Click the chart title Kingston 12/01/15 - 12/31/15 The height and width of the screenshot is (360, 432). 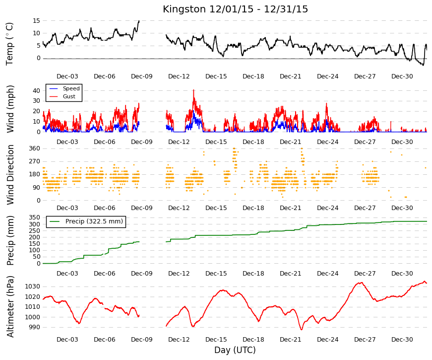[x=235, y=9]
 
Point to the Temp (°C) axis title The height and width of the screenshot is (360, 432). [x=9, y=44]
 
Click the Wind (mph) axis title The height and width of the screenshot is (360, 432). [x=10, y=109]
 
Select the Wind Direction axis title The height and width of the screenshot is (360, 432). [x=10, y=175]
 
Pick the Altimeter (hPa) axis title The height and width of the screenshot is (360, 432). [x=10, y=306]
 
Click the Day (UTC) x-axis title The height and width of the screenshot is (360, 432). [x=235, y=350]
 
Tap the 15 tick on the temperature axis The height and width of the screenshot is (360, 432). [x=36, y=21]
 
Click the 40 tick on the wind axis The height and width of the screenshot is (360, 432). [x=36, y=91]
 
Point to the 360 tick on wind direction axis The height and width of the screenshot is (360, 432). [x=34, y=148]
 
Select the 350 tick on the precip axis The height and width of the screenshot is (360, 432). [x=34, y=217]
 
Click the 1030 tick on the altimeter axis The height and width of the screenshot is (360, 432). [x=33, y=287]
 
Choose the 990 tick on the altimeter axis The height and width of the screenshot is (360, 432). [x=34, y=327]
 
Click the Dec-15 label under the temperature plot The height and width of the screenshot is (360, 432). [x=216, y=76]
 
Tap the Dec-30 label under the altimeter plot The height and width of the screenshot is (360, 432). [x=402, y=340]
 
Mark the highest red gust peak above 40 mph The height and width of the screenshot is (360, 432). [x=194, y=90]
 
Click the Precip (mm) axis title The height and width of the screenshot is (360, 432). [x=10, y=240]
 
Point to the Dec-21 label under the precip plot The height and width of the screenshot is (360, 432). [x=290, y=274]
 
